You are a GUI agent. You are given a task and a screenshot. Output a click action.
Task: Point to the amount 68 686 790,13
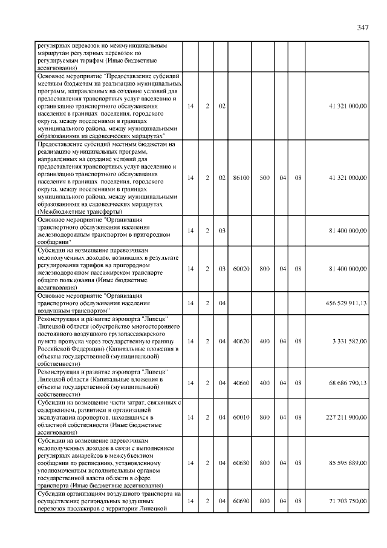point(348,383)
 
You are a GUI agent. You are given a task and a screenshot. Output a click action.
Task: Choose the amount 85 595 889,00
point(348,463)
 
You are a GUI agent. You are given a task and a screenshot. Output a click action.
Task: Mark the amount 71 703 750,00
point(348,502)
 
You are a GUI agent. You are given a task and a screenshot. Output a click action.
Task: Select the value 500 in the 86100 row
point(264,178)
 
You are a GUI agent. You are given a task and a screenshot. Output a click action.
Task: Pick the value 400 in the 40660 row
point(264,383)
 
